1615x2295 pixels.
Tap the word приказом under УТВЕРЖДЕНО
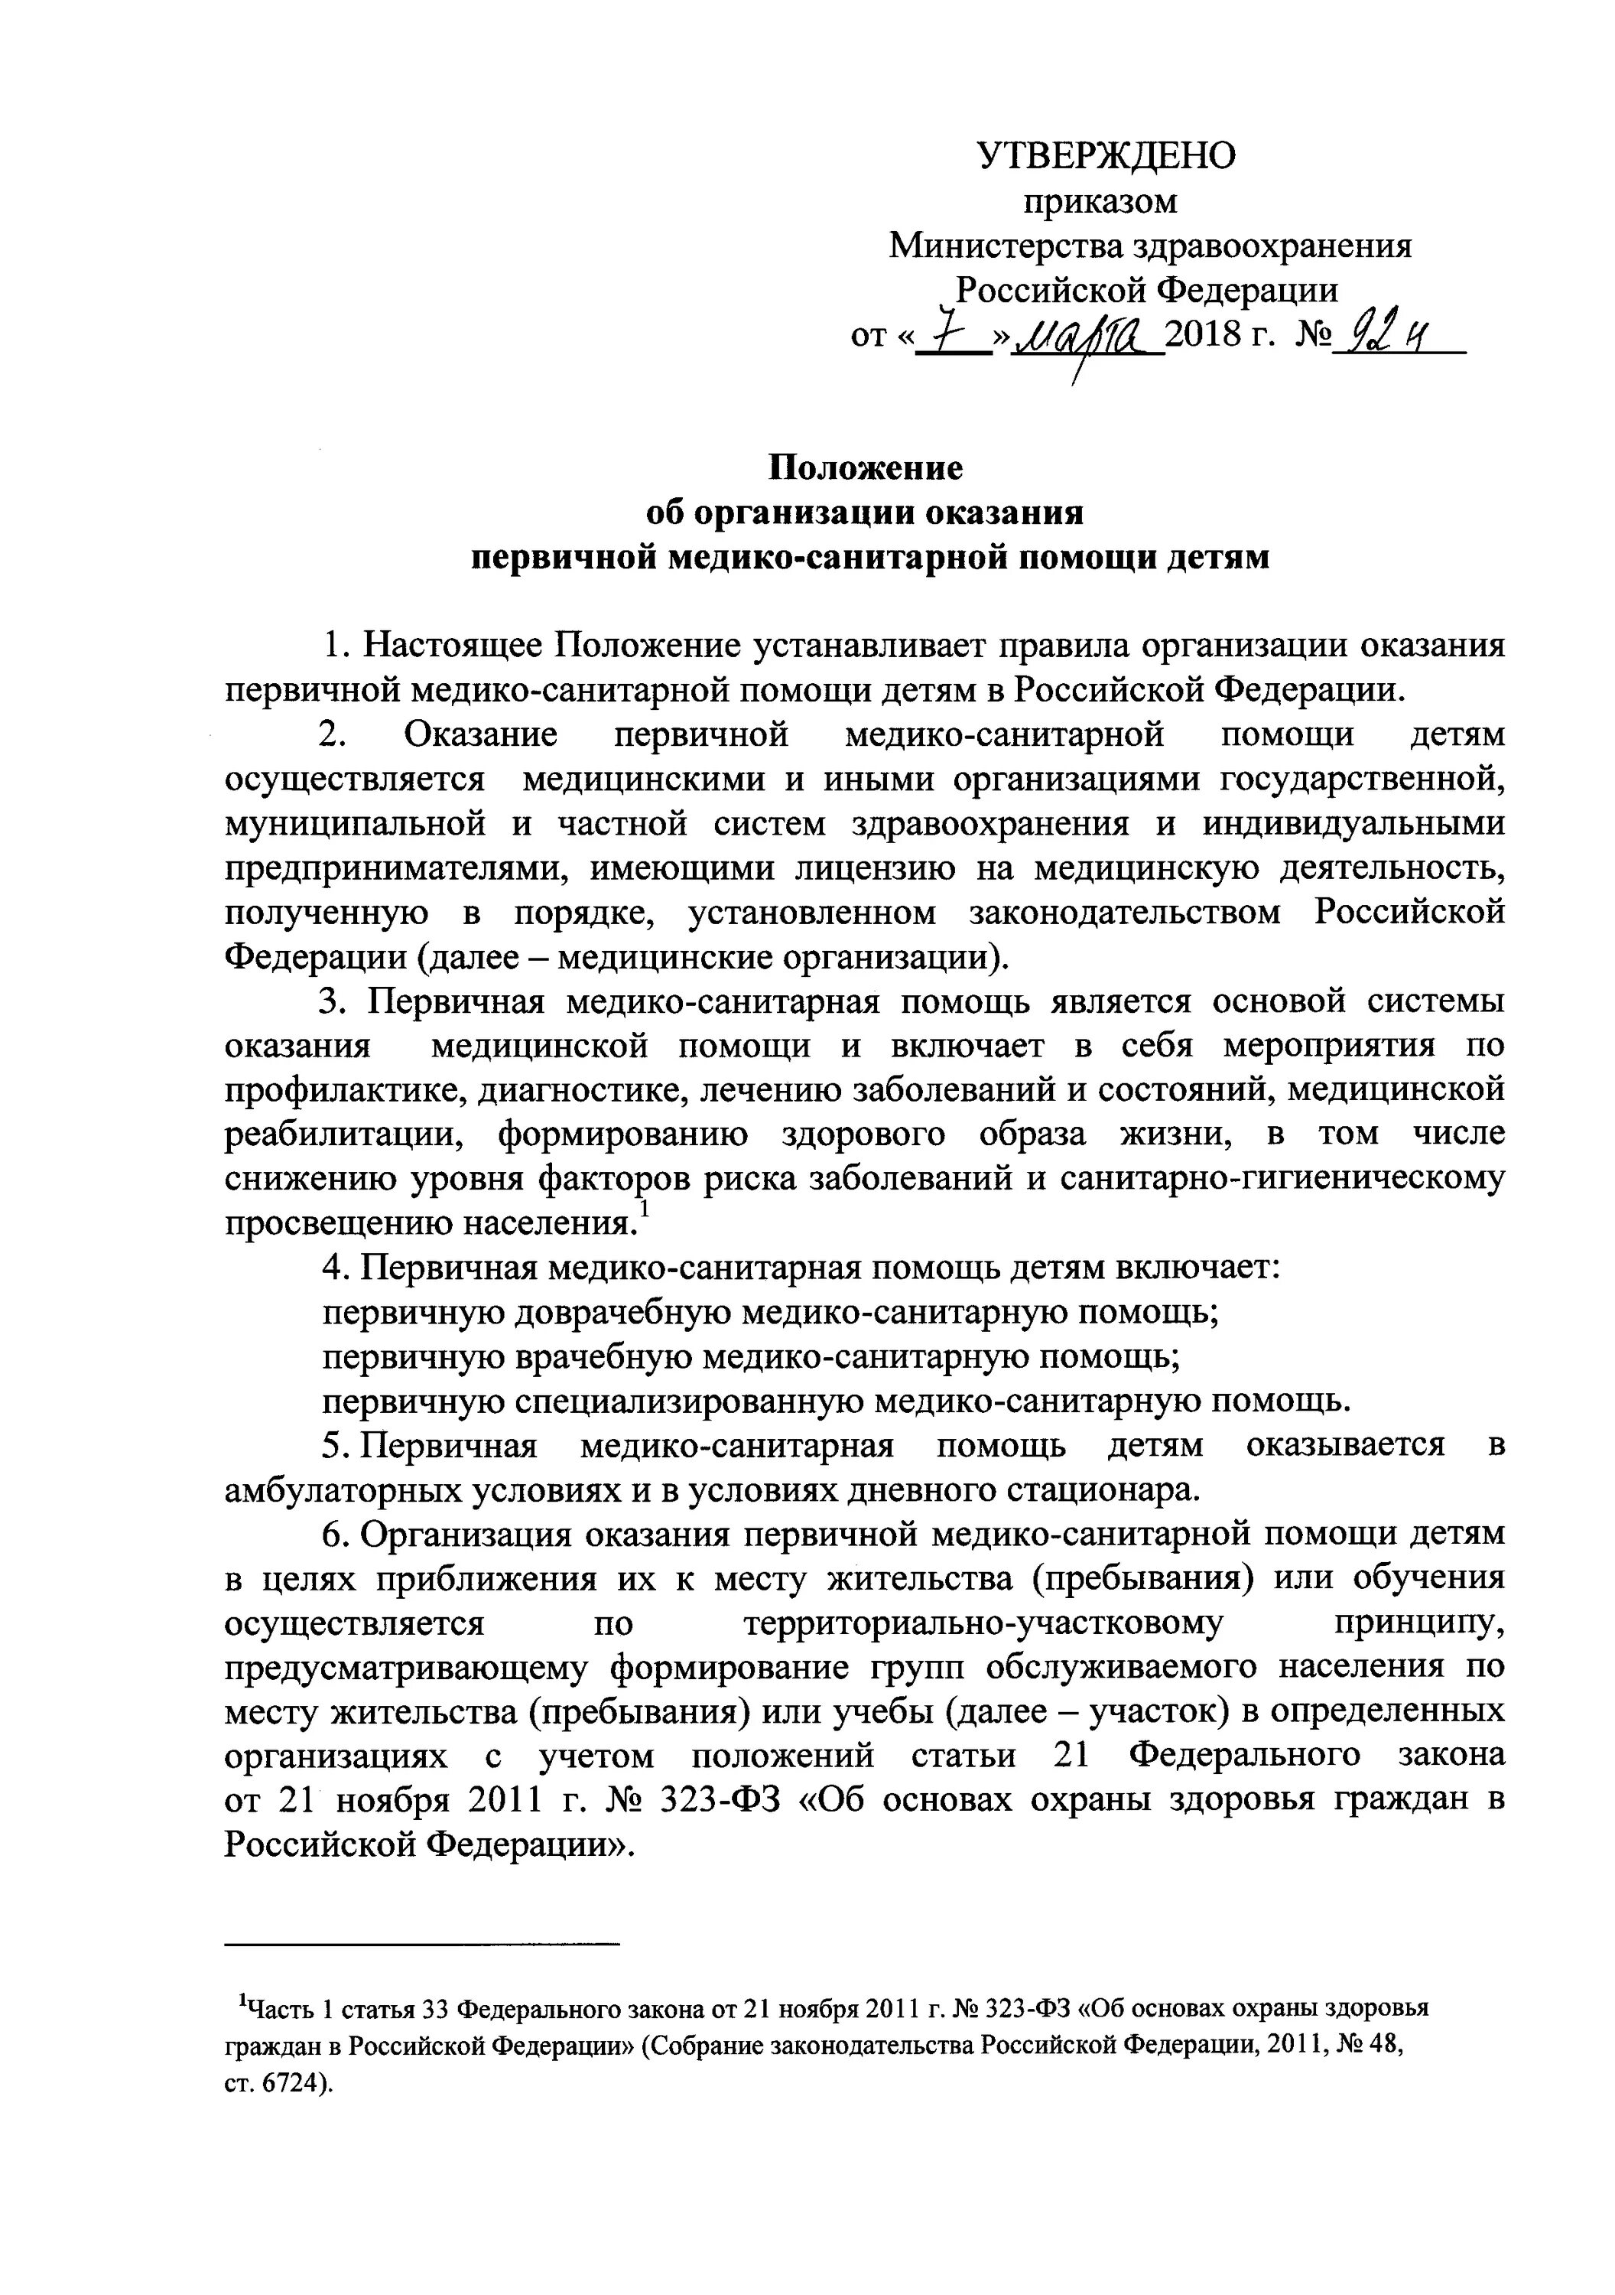1100,202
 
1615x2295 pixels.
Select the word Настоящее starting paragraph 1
450,645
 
